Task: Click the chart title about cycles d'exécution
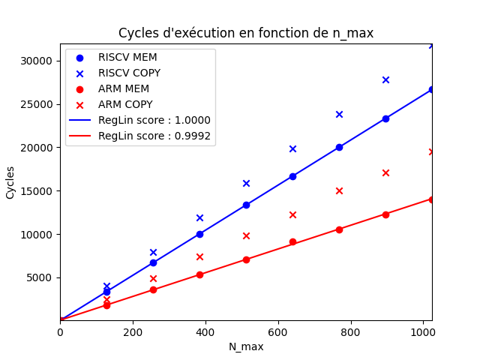[246, 33]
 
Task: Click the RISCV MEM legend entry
[127, 57]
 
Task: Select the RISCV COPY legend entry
[129, 73]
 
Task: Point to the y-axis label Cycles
[10, 182]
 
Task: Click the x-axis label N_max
[246, 346]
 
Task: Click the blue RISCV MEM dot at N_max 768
[339, 147]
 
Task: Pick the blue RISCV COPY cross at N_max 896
[385, 79]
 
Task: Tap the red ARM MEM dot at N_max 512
[246, 259]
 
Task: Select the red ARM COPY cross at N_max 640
[292, 214]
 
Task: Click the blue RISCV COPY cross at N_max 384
[199, 217]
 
